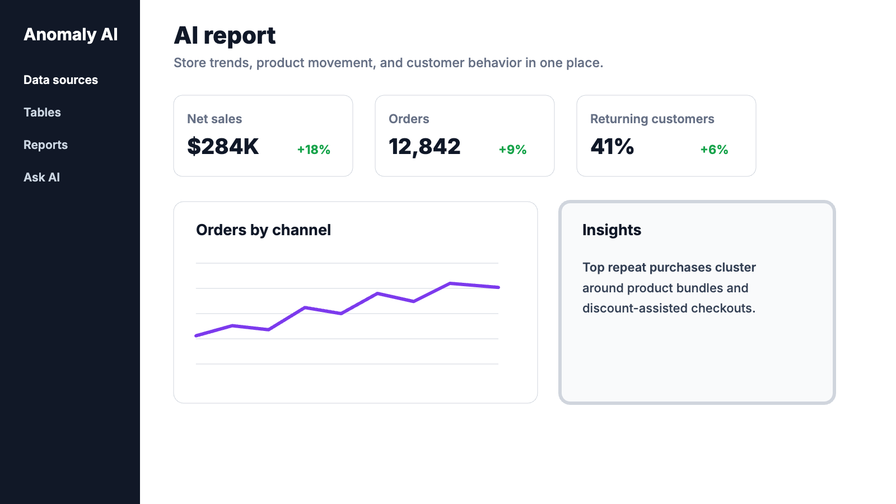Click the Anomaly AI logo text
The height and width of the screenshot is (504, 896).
[x=71, y=34]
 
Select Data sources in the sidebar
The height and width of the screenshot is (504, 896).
[x=61, y=80]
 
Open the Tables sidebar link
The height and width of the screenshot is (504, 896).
[x=42, y=113]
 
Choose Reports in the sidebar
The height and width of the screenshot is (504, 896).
[x=45, y=145]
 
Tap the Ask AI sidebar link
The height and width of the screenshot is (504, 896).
[x=41, y=177]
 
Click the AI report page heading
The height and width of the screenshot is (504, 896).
[x=225, y=35]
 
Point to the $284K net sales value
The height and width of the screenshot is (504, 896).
[x=223, y=146]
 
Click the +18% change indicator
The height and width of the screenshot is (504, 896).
[x=314, y=150]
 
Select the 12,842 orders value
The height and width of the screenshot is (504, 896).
[x=424, y=147]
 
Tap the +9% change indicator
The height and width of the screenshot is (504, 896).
[x=512, y=150]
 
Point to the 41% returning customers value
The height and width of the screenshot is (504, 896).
[x=612, y=146]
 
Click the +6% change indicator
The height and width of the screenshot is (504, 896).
[x=714, y=150]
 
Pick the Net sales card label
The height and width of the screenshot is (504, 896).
[x=214, y=119]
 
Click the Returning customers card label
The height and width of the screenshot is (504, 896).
[x=652, y=119]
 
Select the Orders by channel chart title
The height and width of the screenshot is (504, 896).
[x=263, y=230]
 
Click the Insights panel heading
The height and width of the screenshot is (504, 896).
[x=612, y=230]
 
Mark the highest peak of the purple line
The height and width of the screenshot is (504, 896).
[x=450, y=283]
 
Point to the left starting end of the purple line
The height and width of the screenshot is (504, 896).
[x=196, y=335]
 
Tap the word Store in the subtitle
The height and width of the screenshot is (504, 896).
[x=190, y=63]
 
